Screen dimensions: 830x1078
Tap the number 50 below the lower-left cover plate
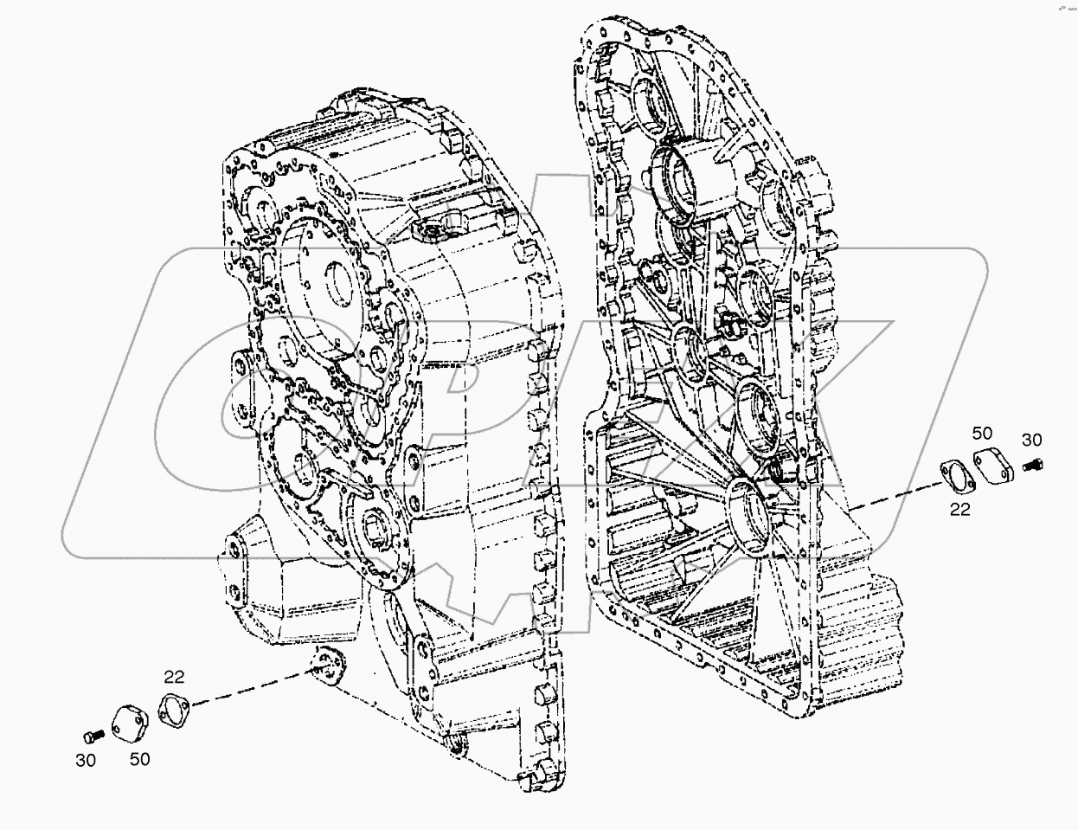[x=140, y=759]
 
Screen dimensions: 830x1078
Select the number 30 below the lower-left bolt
[x=85, y=760]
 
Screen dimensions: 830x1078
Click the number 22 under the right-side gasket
[x=960, y=510]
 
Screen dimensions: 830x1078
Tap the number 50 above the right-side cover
[x=980, y=433]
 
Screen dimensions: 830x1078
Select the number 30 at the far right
[x=1033, y=439]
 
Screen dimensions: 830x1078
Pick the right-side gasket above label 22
[x=955, y=478]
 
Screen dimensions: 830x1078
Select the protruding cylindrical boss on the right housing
[x=696, y=180]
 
